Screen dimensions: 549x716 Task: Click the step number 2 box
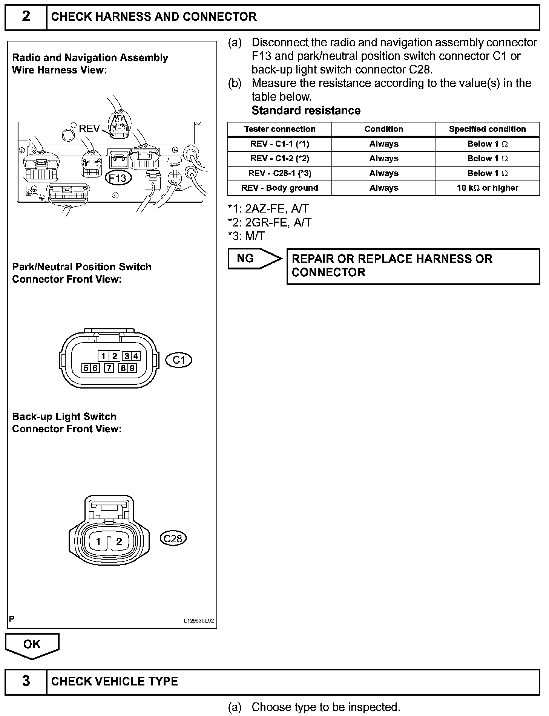(26, 17)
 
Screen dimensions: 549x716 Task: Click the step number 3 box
(26, 681)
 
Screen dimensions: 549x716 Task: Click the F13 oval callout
(118, 177)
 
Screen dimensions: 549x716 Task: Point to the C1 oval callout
(179, 360)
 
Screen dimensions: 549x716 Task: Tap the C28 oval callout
(173, 539)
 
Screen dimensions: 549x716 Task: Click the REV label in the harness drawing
(89, 129)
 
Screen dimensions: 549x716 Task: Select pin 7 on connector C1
(109, 368)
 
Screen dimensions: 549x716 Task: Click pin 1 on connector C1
(103, 356)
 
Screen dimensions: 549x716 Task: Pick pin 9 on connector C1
(132, 368)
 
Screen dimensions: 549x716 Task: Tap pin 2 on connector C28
(119, 542)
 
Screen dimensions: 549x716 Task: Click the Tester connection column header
(279, 129)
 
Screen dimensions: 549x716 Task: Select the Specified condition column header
(487, 129)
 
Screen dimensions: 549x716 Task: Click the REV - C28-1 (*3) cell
(279, 173)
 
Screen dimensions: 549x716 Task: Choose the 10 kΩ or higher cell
(487, 188)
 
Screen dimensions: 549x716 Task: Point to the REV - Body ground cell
(279, 188)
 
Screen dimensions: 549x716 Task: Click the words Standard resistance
(306, 110)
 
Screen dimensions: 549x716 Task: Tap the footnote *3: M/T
(246, 236)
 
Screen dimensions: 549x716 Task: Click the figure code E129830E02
(199, 621)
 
